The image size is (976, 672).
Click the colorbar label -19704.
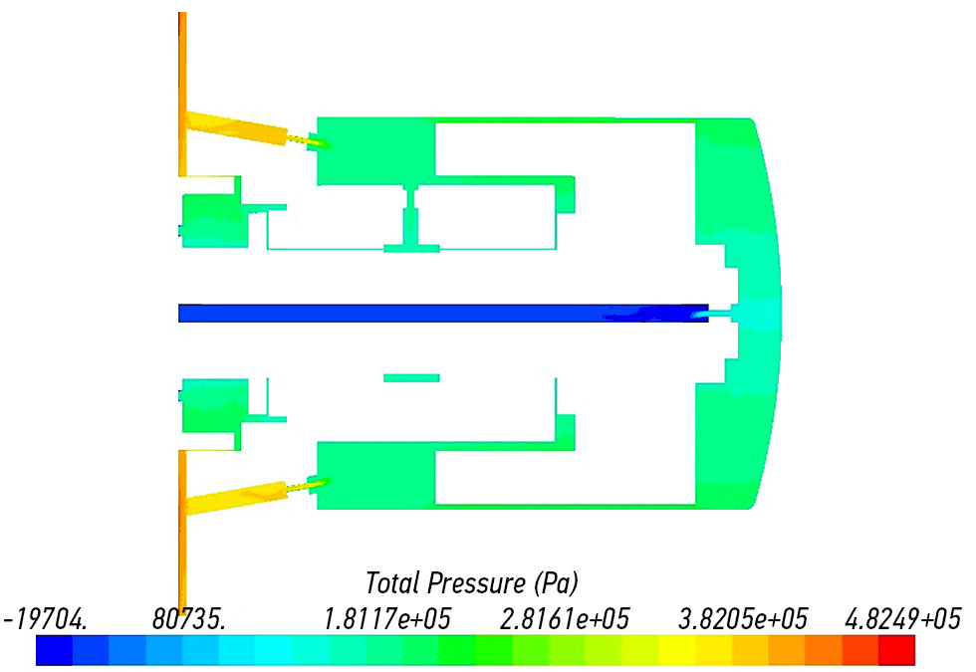coord(46,619)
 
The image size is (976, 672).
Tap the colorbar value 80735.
coord(189,619)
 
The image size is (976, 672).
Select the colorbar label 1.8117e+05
coord(387,619)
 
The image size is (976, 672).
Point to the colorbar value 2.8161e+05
coord(566,619)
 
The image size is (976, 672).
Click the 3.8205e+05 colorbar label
coord(743,619)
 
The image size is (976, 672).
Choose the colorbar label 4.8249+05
coord(903,619)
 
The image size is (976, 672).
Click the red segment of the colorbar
coord(897,650)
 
